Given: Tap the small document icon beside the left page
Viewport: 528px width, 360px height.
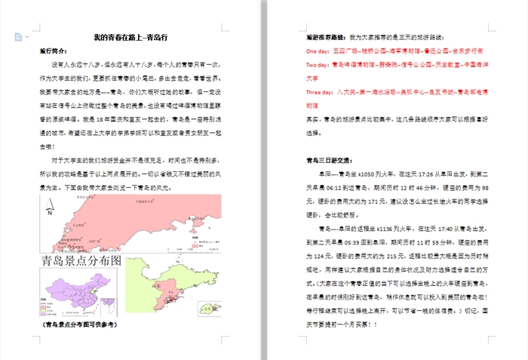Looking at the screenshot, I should pos(17,37).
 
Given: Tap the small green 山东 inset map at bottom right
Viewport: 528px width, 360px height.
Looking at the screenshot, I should pos(206,309).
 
